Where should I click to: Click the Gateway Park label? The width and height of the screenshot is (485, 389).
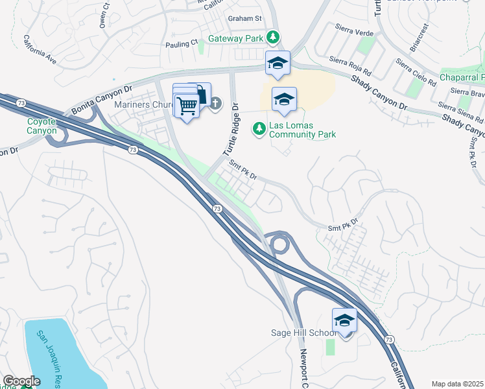[235, 38]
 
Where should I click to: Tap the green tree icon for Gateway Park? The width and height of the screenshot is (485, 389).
[274, 38]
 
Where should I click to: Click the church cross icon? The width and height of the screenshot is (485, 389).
[215, 102]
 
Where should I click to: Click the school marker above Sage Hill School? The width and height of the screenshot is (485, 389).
[344, 320]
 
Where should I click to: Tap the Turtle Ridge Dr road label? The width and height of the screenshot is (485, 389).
[231, 130]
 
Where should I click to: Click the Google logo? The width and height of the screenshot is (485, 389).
[21, 381]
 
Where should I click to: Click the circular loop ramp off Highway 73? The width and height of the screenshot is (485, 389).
[280, 244]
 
